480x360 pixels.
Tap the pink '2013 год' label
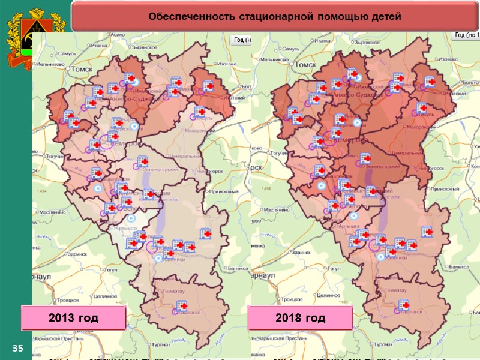73,317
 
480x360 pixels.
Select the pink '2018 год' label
300,317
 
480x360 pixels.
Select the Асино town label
117,36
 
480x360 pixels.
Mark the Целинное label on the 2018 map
329,295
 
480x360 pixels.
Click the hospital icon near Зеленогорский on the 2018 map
365,158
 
